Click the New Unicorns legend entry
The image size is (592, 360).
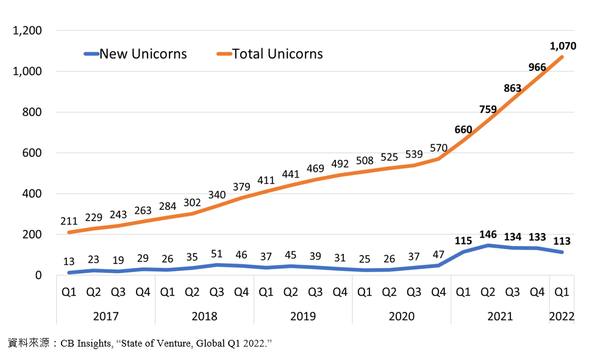(135, 54)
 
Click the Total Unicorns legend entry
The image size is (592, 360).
(270, 54)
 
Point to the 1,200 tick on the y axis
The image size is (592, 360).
(27, 31)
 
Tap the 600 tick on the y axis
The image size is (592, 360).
(32, 153)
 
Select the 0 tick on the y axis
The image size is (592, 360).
(38, 275)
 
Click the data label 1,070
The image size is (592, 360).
(563, 46)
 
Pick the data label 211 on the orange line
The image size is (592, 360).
(69, 221)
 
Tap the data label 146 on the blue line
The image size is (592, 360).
(488, 234)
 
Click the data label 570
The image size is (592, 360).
(439, 148)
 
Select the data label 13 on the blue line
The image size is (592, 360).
(69, 261)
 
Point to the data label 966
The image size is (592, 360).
(537, 67)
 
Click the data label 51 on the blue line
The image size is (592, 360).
(216, 254)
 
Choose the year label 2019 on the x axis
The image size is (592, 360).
(303, 316)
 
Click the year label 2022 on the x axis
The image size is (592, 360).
(562, 316)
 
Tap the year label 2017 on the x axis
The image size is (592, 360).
(105, 316)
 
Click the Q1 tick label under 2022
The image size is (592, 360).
(562, 292)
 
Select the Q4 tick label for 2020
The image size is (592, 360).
(439, 292)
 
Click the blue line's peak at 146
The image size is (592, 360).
(488, 245)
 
